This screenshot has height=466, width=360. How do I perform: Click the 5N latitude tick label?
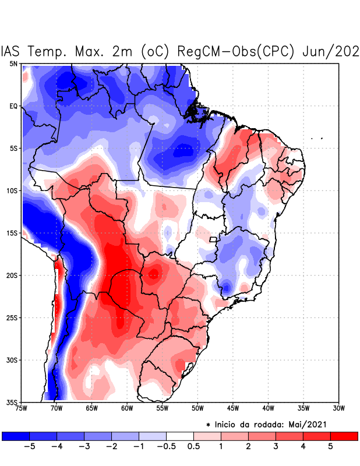click(13, 63)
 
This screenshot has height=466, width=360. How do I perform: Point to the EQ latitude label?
click(13, 106)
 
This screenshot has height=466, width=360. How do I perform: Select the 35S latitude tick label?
click(12, 403)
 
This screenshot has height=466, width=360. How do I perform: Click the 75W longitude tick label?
click(22, 408)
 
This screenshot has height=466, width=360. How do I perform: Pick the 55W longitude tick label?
click(162, 408)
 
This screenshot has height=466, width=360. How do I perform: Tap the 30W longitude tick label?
click(338, 408)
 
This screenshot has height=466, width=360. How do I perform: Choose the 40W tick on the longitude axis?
click(268, 408)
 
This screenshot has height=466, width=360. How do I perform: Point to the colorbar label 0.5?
click(193, 447)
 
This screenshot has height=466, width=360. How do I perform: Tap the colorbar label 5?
click(330, 447)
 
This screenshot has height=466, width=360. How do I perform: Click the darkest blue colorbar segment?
click(16, 436)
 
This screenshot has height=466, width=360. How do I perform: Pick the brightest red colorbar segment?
click(344, 436)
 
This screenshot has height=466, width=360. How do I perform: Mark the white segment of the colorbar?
click(179, 436)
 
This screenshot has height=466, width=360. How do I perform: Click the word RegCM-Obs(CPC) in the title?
click(239, 51)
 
